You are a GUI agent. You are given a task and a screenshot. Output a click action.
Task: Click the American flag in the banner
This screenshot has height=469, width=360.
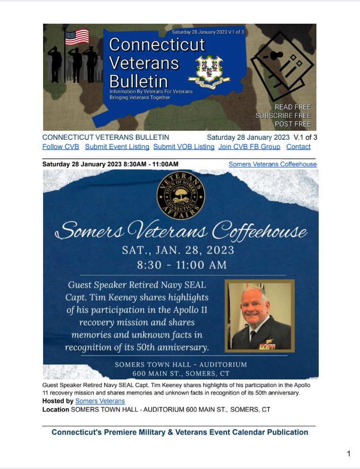[x=77, y=36]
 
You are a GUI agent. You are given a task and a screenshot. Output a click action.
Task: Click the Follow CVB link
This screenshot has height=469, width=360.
[x=61, y=147]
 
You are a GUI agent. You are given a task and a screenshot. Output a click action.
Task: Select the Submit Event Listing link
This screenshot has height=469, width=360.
[x=117, y=147]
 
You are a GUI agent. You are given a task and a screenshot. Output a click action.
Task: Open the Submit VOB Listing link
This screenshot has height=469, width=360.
[x=184, y=147]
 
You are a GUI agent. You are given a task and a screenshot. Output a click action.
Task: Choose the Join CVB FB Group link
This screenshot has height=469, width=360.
[x=249, y=147]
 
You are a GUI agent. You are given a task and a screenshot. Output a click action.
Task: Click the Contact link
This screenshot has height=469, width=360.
[x=298, y=147]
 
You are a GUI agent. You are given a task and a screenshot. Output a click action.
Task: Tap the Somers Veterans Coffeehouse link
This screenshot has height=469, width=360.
[x=272, y=164]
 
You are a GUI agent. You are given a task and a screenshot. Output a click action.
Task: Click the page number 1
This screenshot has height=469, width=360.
[x=349, y=454]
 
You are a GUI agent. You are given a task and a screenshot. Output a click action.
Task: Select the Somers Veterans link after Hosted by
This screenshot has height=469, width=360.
[x=100, y=401]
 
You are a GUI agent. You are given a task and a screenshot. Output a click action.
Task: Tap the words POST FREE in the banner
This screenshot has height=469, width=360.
[x=293, y=124]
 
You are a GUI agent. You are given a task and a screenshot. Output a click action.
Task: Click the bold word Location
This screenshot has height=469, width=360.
[x=55, y=409]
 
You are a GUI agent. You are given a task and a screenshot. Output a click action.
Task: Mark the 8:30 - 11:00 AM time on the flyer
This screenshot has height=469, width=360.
[x=182, y=264]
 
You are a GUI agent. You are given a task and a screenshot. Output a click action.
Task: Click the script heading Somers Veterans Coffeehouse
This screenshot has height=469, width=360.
[x=181, y=231]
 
